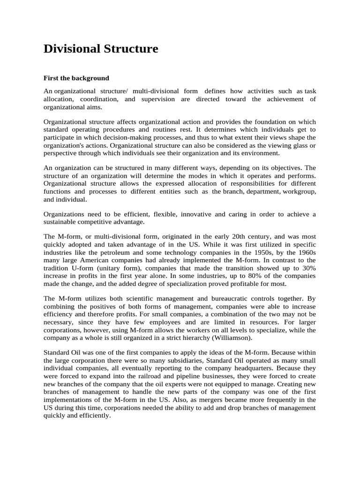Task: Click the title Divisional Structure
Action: (x=101, y=49)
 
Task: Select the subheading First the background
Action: (x=76, y=78)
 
